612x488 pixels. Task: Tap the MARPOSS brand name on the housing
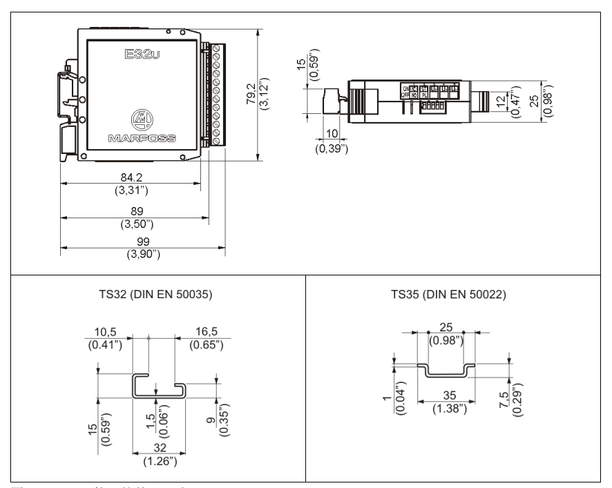tap(141, 137)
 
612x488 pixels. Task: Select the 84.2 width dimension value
tap(128, 179)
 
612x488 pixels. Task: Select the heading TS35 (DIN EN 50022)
tap(450, 295)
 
